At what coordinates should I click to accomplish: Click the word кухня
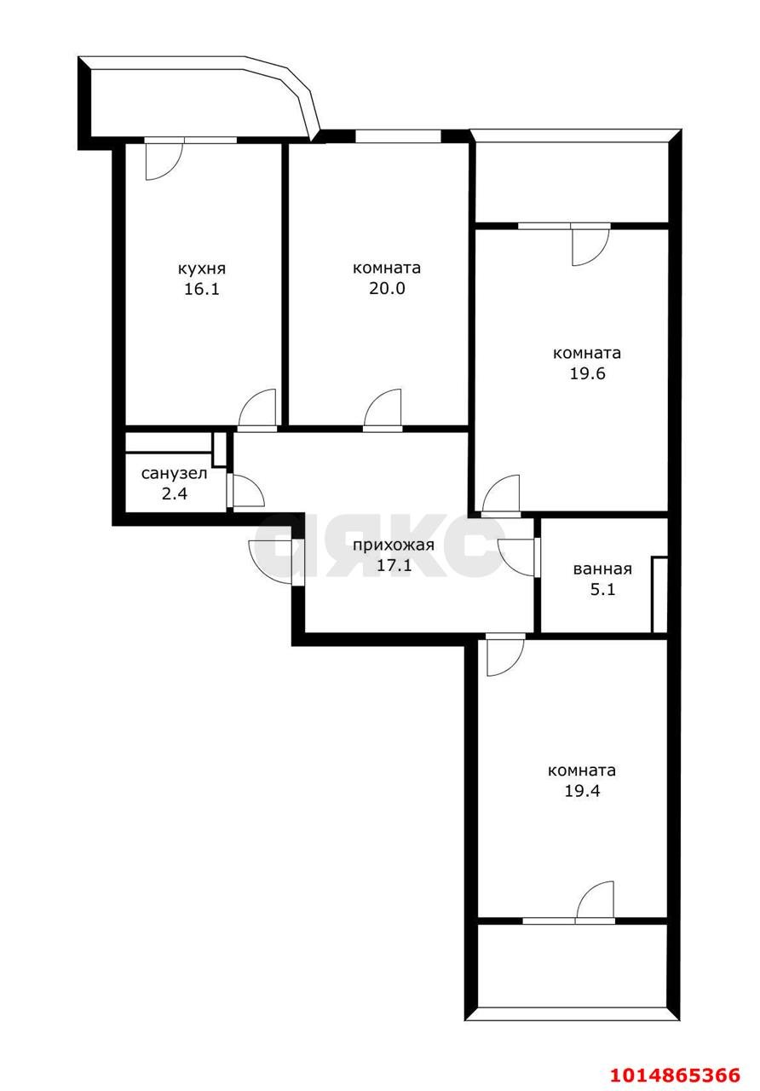click(x=202, y=269)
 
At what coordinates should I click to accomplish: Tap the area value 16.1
click(x=202, y=289)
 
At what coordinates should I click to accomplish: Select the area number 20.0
click(x=387, y=288)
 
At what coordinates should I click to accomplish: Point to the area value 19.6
click(x=587, y=373)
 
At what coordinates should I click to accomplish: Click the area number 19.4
click(x=582, y=804)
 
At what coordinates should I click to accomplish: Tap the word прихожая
click(x=393, y=545)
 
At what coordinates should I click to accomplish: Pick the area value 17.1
click(x=394, y=565)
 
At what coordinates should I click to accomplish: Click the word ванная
click(x=602, y=569)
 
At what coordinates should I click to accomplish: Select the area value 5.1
click(x=602, y=589)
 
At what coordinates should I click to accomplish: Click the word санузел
click(x=175, y=473)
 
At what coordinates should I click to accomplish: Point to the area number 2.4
click(x=175, y=494)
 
